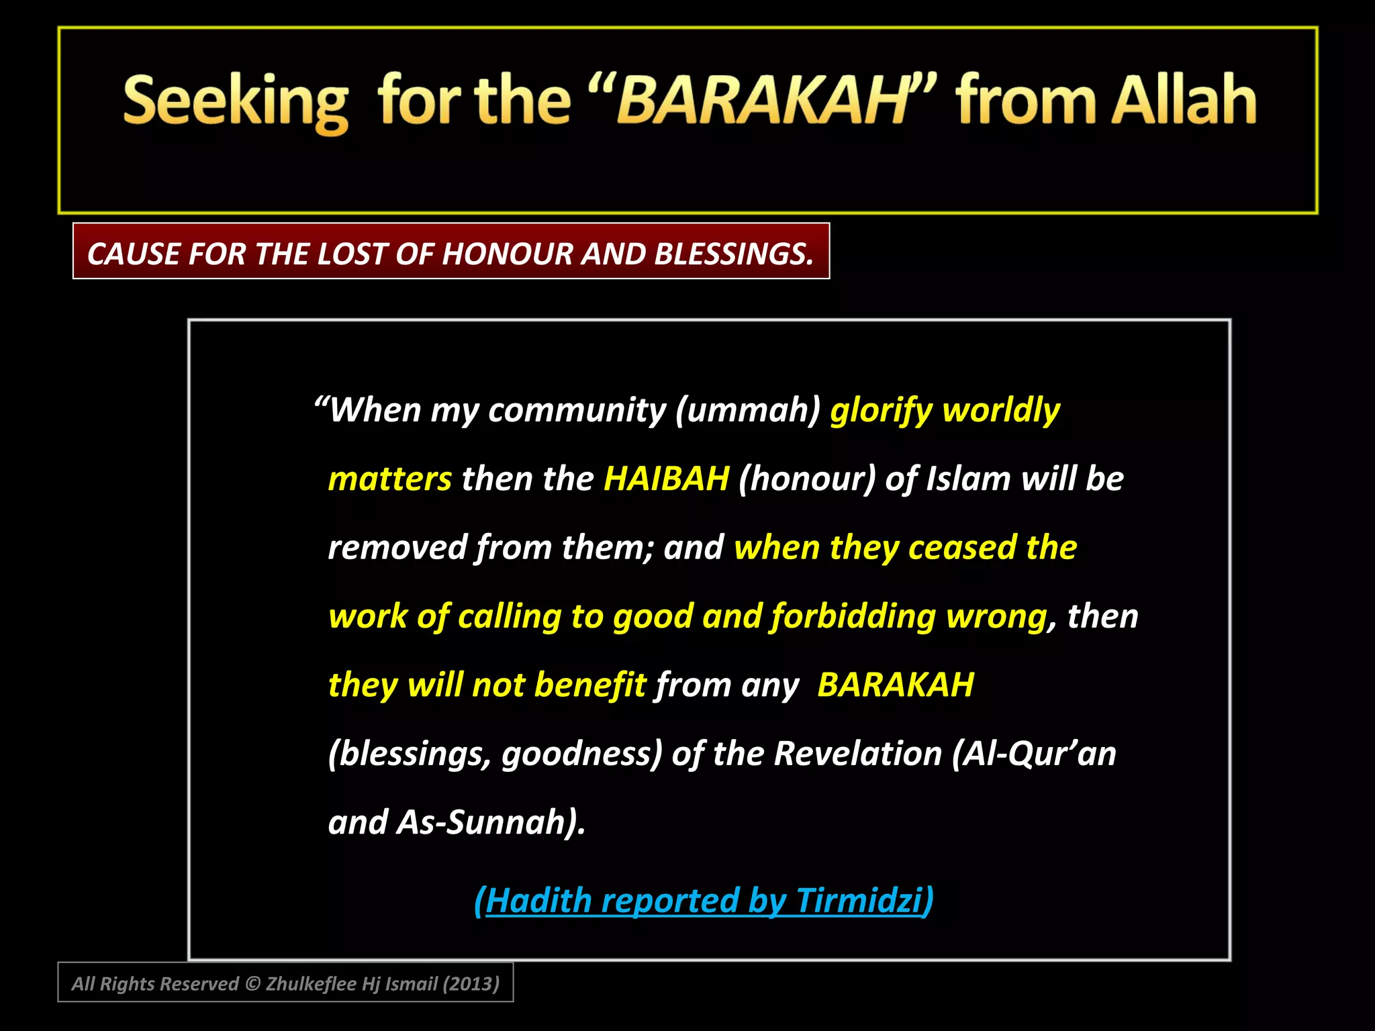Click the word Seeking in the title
click(236, 102)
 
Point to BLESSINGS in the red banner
click(733, 254)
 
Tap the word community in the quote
click(577, 409)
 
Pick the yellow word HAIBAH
click(666, 479)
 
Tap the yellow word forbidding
click(853, 616)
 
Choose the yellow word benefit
click(590, 685)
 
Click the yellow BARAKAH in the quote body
click(895, 685)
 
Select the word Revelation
click(858, 754)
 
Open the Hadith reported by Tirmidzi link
click(704, 900)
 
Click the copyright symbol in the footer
click(252, 984)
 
